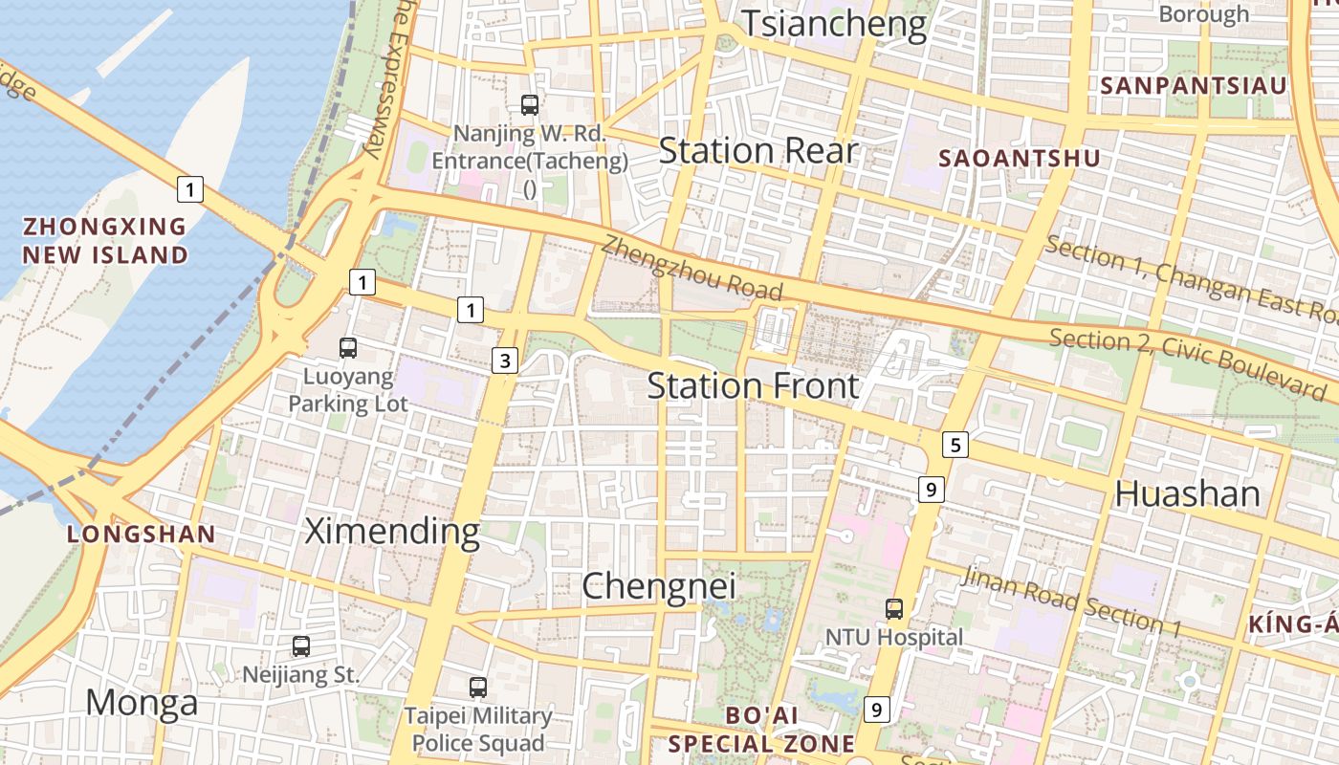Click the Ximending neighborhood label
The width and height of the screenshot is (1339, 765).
(x=391, y=531)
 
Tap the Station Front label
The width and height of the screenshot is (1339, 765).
(x=754, y=386)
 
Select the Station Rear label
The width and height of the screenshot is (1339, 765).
(x=758, y=151)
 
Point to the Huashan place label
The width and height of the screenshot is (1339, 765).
(x=1187, y=493)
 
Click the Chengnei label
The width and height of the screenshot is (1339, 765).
(x=659, y=585)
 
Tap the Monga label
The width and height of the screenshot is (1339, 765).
(x=142, y=704)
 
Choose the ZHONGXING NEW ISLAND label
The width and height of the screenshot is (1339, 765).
(x=105, y=241)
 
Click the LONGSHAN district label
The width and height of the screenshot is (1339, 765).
(x=142, y=535)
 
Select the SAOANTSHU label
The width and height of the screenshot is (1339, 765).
(x=1020, y=159)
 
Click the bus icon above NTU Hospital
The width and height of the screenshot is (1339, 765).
(x=894, y=608)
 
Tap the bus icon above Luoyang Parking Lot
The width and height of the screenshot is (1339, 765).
(x=348, y=348)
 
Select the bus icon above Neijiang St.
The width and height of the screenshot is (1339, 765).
(x=301, y=646)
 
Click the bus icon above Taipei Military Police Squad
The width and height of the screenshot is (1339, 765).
(x=477, y=687)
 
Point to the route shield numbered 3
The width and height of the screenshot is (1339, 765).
(x=505, y=361)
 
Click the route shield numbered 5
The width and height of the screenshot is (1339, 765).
(x=955, y=444)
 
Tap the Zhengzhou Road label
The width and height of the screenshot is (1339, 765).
(x=691, y=269)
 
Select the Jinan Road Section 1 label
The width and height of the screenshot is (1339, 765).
(x=1071, y=601)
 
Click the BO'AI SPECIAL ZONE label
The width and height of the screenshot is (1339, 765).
(x=761, y=730)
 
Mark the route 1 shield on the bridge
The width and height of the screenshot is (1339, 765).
(x=190, y=189)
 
